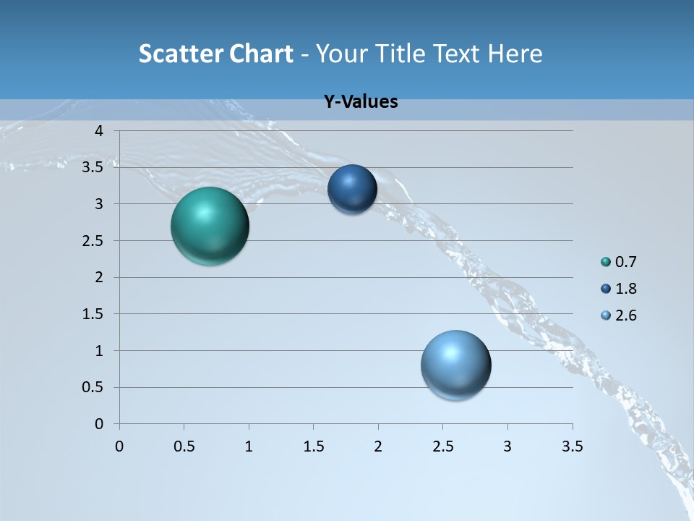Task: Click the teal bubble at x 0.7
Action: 210,226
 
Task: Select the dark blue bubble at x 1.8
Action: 352,190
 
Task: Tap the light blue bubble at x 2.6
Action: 455,365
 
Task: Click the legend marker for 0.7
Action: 606,262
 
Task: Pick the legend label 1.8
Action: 625,289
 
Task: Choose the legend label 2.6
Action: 625,315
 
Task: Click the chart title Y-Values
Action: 361,102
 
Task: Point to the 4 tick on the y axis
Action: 100,130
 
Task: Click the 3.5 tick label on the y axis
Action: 94,167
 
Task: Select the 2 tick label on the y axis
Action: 100,277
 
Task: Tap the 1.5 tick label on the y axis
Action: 94,314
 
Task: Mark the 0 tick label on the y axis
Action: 100,424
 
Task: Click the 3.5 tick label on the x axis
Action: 572,446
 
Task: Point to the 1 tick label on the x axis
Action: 249,446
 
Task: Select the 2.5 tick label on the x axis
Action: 442,446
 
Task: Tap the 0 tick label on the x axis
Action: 119,446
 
